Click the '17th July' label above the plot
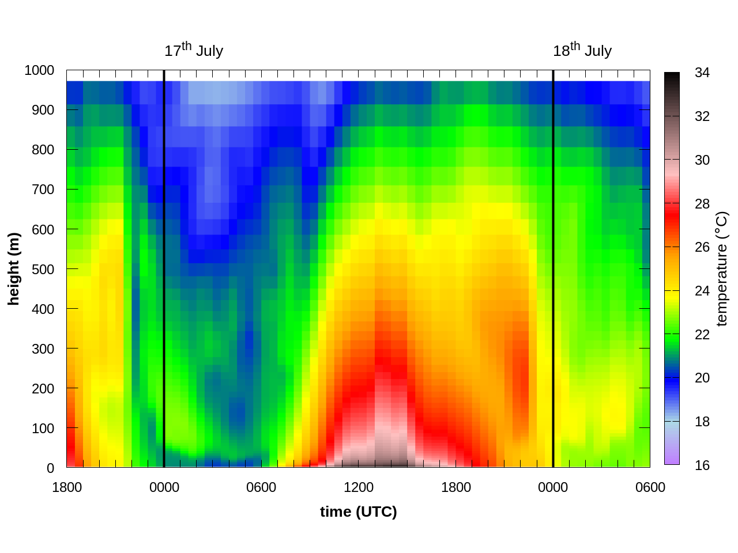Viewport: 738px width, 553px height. pos(194,50)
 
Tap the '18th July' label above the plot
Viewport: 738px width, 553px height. pos(582,50)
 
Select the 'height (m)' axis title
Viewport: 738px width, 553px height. pos(14,268)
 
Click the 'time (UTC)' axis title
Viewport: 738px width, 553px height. pos(358,512)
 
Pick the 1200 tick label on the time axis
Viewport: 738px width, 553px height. pos(358,487)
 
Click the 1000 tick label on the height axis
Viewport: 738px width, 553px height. pos(39,70)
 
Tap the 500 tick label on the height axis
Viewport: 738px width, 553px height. pos(43,269)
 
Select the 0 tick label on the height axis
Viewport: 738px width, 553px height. pos(51,468)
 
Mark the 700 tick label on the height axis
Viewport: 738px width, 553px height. pos(43,190)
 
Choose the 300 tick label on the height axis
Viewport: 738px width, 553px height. pos(43,349)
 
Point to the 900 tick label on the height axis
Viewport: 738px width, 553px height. pos(43,110)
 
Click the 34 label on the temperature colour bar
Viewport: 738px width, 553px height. pos(702,73)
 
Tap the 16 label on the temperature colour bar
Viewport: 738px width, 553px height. pos(702,465)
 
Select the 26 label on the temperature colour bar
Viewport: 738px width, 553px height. pos(702,247)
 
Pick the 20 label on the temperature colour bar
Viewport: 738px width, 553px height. pos(702,378)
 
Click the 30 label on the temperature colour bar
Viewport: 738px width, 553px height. pos(702,160)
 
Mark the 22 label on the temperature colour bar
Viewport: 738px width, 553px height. pos(702,335)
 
